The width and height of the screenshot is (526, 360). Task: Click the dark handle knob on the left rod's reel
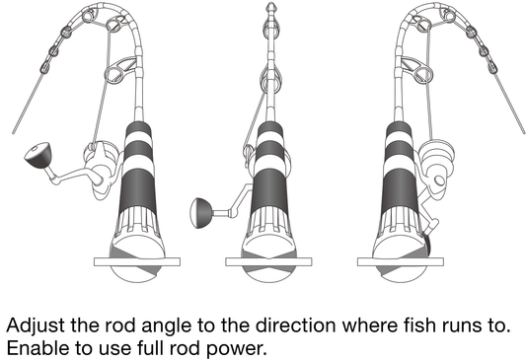38,155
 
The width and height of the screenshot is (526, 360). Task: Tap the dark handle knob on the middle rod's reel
200,213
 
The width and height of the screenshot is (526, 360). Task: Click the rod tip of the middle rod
270,7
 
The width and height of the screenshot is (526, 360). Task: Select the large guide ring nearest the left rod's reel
113,74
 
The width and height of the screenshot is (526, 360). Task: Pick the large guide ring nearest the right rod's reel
423,74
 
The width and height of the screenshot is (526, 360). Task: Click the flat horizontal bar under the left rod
137,261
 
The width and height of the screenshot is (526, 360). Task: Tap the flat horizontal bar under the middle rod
268,261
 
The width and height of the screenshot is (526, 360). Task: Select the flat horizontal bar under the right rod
401,261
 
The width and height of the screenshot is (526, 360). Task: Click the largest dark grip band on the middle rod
269,188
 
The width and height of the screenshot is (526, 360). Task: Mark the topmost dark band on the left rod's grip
138,130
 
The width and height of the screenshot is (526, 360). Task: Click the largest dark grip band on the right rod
400,188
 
